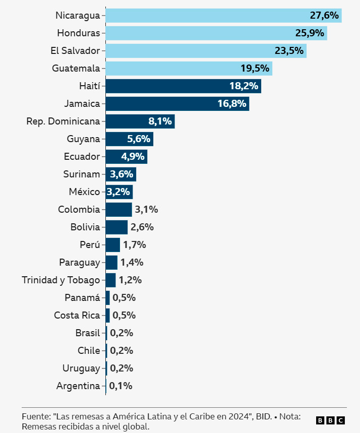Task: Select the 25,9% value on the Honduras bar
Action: point(310,33)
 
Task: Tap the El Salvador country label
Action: point(75,51)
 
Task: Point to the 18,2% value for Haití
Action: point(244,86)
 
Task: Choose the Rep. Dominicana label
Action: point(63,121)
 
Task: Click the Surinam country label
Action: point(81,174)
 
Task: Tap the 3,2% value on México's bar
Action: point(118,192)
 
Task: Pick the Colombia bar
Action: point(118,210)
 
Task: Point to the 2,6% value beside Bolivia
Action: point(142,227)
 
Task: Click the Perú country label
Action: point(90,245)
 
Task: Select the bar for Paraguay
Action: point(111,263)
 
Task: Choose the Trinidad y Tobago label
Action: point(61,280)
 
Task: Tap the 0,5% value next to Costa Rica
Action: point(124,316)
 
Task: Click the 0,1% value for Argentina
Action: point(121,386)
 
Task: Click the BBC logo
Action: point(330,420)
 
